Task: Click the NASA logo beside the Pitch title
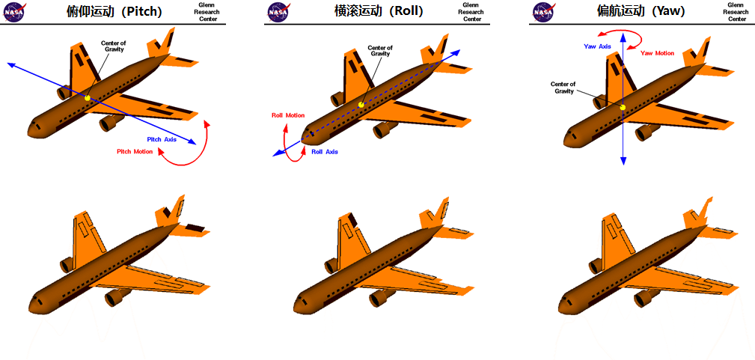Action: pos(14,13)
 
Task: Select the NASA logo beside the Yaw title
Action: pos(543,13)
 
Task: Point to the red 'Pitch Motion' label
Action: pos(135,152)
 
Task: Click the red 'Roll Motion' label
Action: pos(288,115)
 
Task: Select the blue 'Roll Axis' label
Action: pos(325,152)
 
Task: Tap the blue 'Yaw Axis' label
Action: pos(597,46)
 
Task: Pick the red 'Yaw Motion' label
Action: pos(658,53)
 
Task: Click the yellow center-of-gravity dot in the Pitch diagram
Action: pos(88,98)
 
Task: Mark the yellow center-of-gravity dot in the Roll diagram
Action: pos(361,105)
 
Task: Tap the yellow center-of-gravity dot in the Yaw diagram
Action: pos(623,108)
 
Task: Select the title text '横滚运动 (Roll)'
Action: pos(379,11)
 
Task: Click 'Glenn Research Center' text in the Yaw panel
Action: pos(736,12)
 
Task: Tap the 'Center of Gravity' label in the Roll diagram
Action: pos(380,51)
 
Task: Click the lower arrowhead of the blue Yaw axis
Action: pos(623,162)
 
